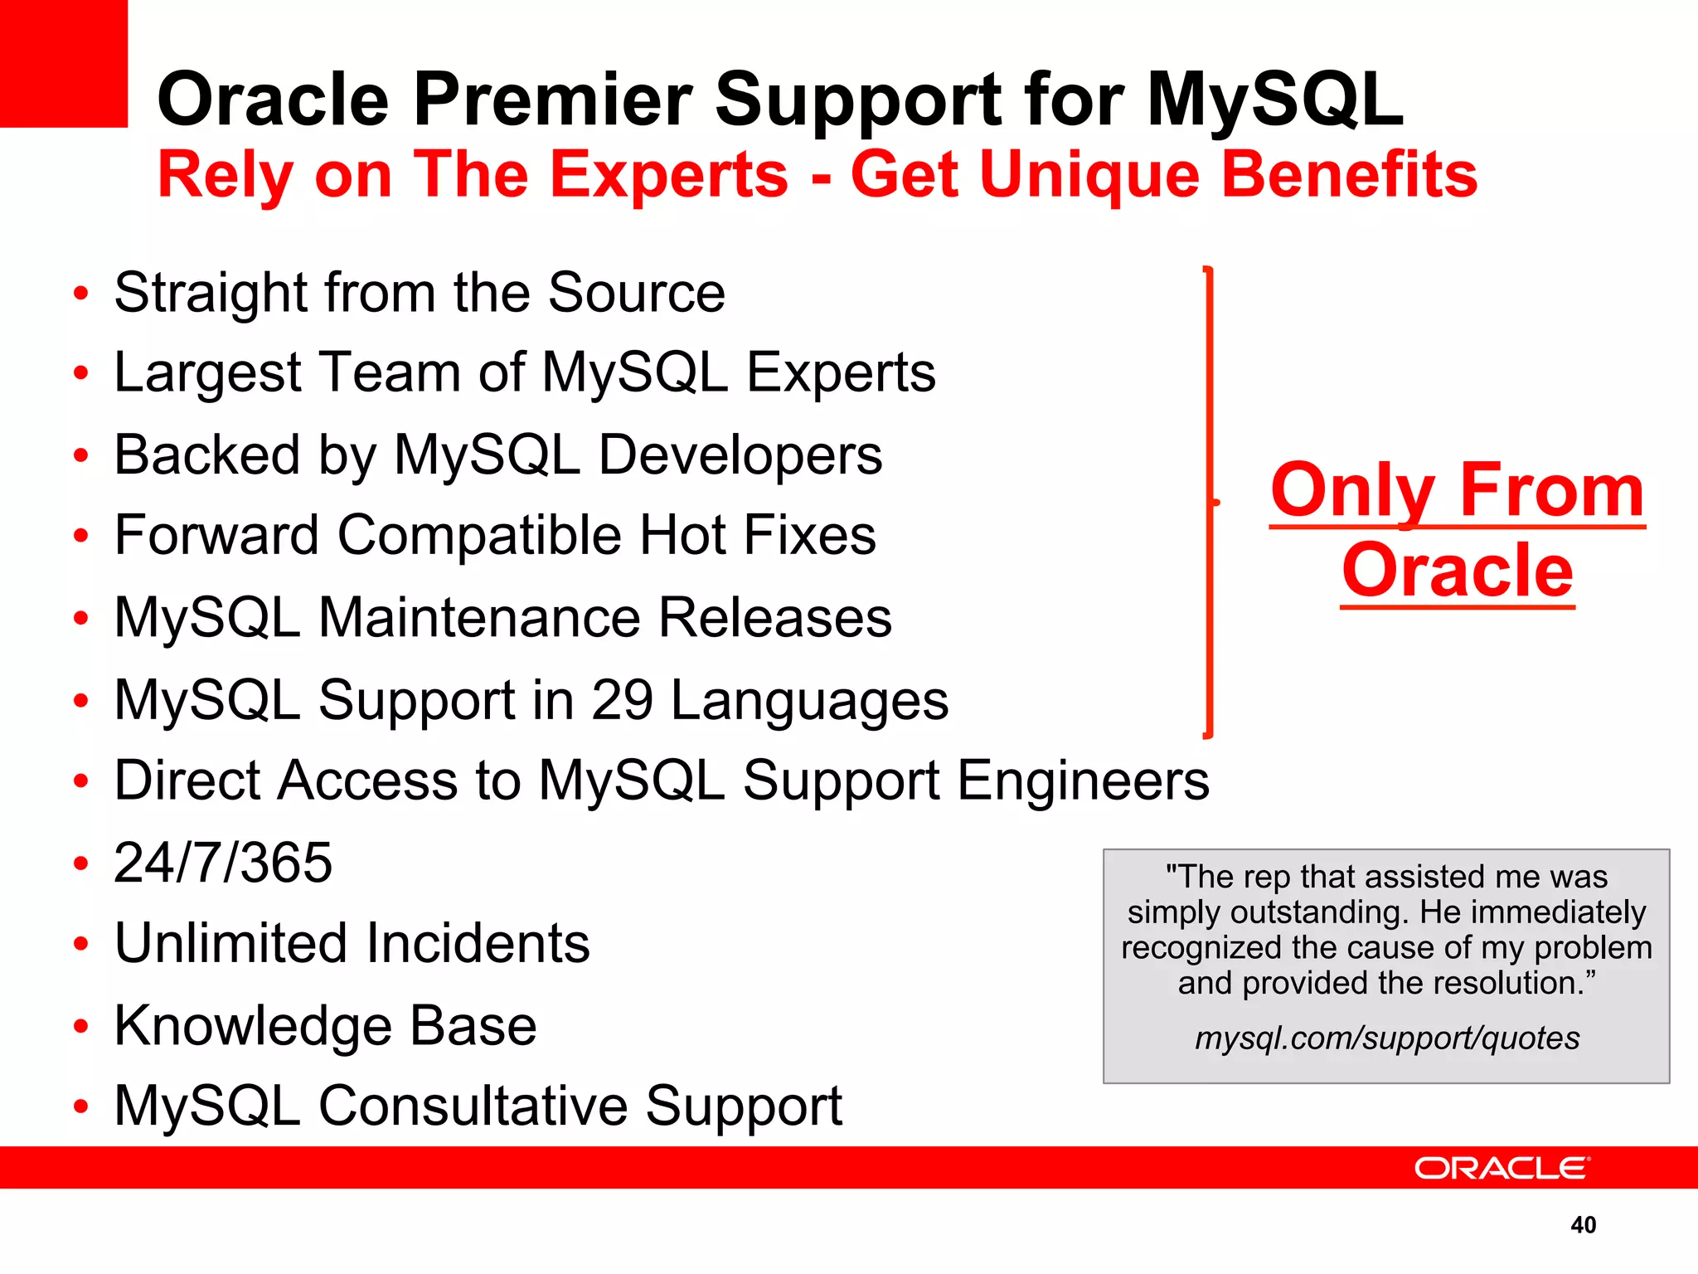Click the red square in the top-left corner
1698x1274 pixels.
[63, 63]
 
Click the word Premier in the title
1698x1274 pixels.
[552, 100]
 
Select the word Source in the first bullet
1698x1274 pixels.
[636, 293]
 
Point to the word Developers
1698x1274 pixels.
[740, 455]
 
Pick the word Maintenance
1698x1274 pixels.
[481, 618]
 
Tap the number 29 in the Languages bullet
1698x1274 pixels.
[622, 700]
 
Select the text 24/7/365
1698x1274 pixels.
[223, 863]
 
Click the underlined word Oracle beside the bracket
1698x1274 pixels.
[1457, 570]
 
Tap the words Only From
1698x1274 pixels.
[1457, 490]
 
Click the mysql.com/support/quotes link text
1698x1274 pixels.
[1386, 1038]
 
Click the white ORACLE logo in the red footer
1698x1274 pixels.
[1501, 1168]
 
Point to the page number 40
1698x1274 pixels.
[1583, 1225]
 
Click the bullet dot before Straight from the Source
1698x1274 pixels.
[80, 294]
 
